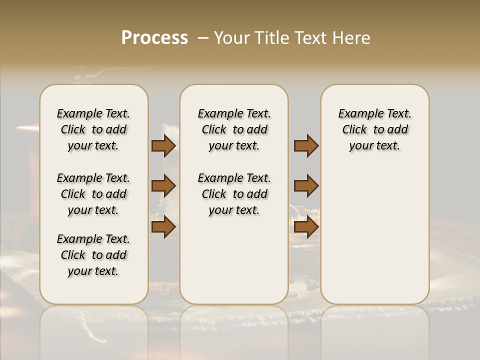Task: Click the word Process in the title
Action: pyautogui.click(x=154, y=38)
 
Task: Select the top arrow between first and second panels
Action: pyautogui.click(x=163, y=145)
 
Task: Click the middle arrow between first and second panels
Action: pyautogui.click(x=163, y=186)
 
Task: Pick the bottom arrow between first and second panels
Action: pyautogui.click(x=163, y=226)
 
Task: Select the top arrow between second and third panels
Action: pyautogui.click(x=306, y=145)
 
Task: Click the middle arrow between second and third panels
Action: pyautogui.click(x=306, y=186)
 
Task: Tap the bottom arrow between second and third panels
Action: pyautogui.click(x=306, y=226)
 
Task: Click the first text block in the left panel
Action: pyautogui.click(x=93, y=129)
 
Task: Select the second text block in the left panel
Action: pyautogui.click(x=93, y=194)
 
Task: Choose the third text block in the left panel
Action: pyautogui.click(x=93, y=255)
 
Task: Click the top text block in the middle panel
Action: pyautogui.click(x=234, y=129)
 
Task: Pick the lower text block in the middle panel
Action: pyautogui.click(x=234, y=194)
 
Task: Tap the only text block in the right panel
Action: pyautogui.click(x=374, y=129)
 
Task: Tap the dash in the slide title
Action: pyautogui.click(x=203, y=38)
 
